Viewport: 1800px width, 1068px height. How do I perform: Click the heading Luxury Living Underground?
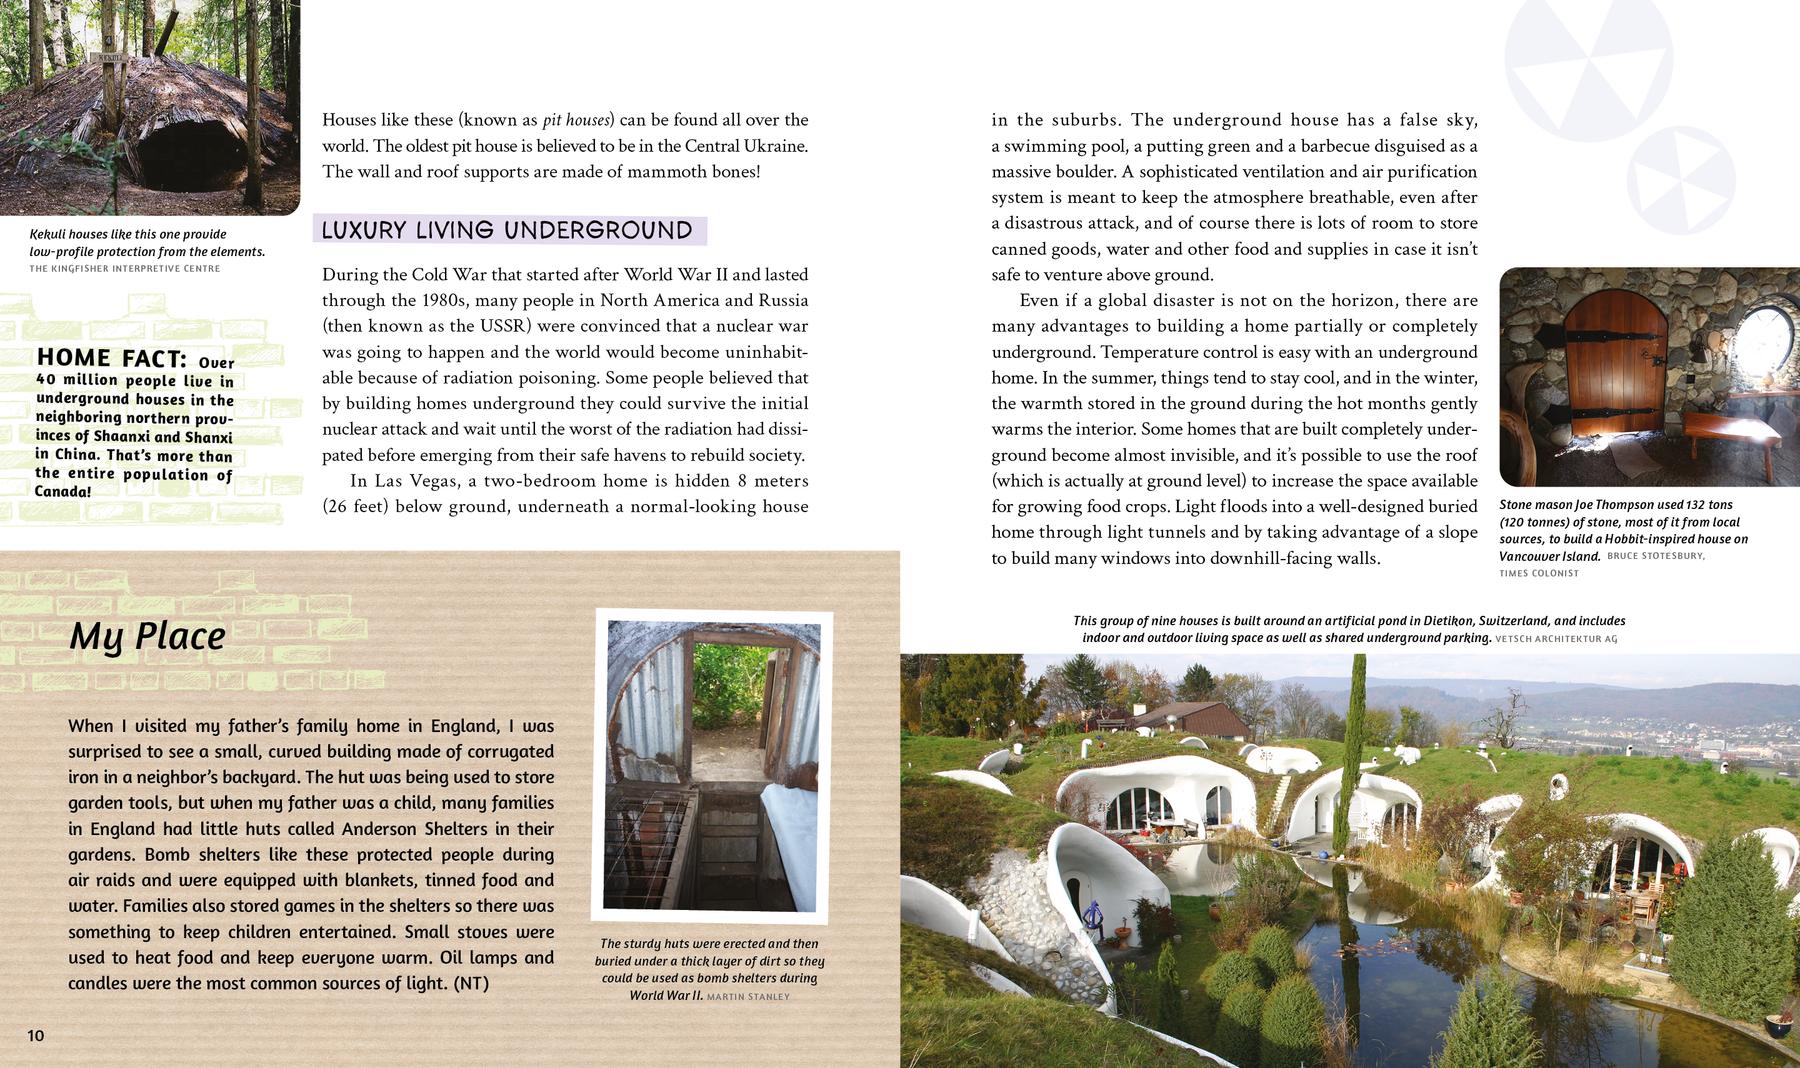[507, 231]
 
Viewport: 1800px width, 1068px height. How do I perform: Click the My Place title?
[147, 637]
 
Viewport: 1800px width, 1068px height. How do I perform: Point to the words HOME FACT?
[112, 358]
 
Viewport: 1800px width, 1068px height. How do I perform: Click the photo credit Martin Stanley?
[748, 997]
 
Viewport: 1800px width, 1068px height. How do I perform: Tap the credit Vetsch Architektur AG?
[1556, 639]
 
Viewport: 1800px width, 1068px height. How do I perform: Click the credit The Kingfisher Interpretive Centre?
[124, 269]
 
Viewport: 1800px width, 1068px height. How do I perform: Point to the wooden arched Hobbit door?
[1616, 367]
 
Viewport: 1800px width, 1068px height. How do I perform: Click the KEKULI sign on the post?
[109, 57]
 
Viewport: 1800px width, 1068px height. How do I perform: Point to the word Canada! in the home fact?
[63, 492]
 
